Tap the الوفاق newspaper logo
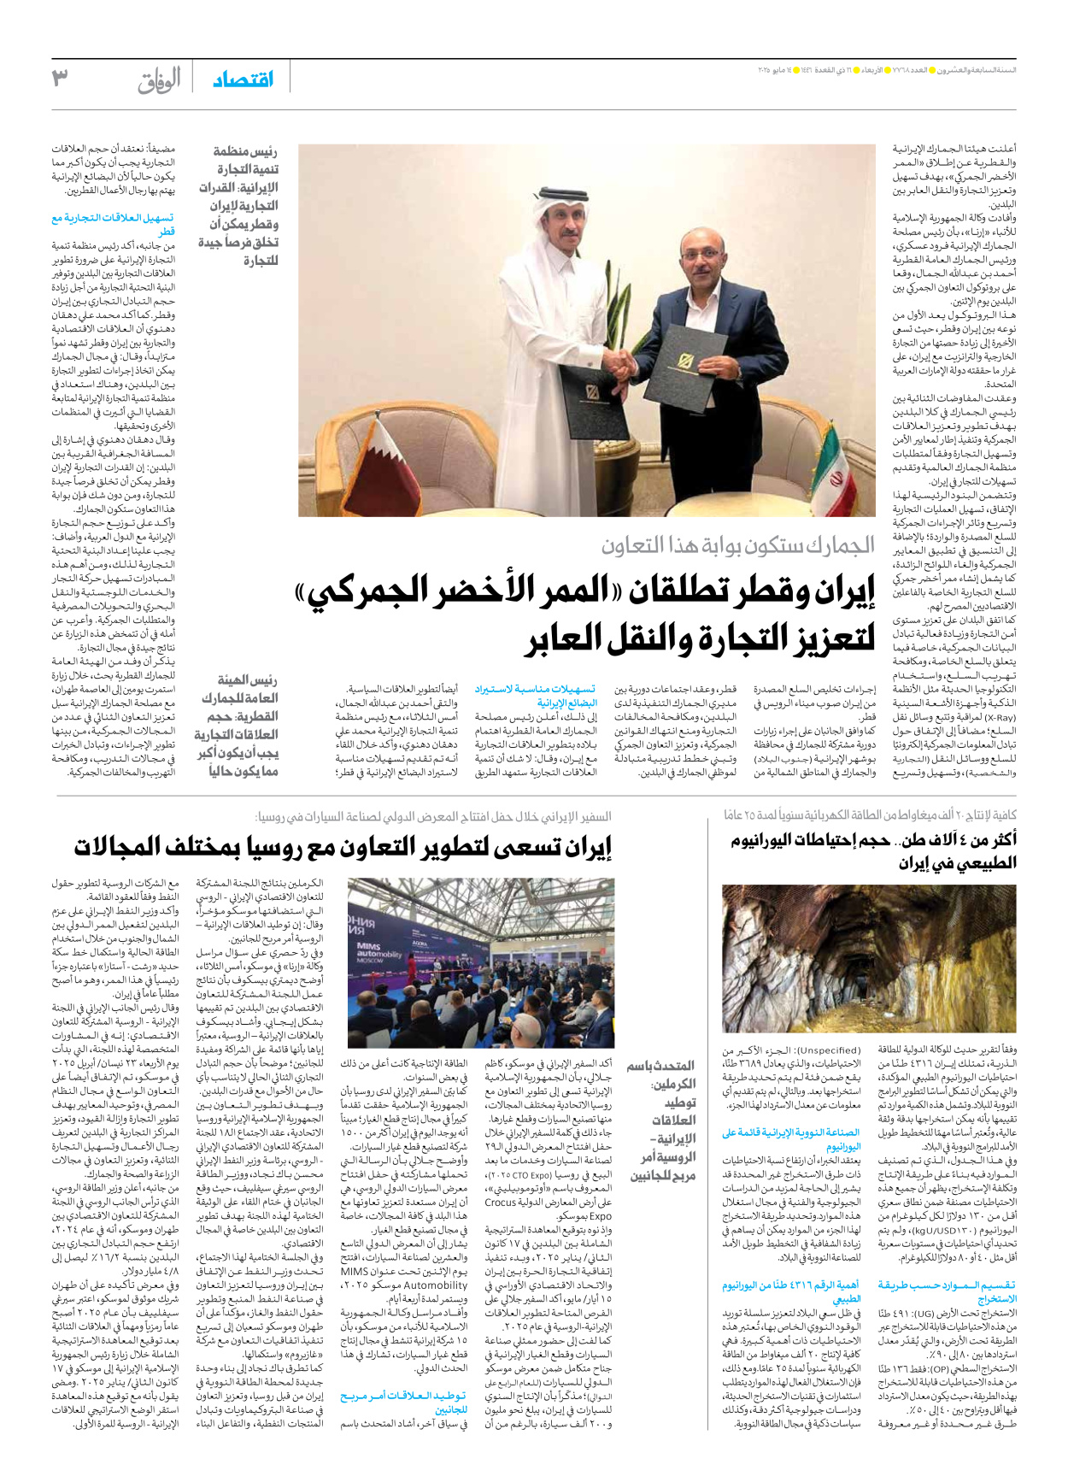(160, 80)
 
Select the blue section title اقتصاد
(244, 79)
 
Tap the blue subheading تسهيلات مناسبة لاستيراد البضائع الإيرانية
(536, 696)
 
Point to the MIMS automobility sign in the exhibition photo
(378, 951)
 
